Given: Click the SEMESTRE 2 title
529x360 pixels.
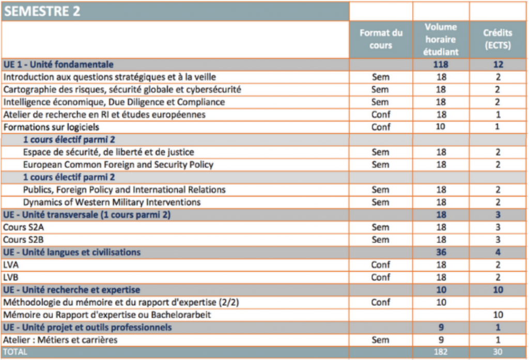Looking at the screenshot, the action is click(42, 11).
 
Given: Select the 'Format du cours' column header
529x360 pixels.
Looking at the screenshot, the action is click(381, 39).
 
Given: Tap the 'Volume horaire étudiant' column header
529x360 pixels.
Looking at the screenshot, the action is click(441, 39).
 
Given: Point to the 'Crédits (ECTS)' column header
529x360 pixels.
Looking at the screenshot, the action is click(497, 39).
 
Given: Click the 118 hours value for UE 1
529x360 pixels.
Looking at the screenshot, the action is click(441, 65).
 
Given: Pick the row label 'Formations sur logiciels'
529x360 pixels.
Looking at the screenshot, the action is click(51, 127).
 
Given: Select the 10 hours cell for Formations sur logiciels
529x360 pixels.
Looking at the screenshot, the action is click(441, 127).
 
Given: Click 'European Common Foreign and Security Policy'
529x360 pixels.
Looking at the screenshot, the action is click(118, 165).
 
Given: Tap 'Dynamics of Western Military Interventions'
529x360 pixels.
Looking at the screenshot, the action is click(112, 202).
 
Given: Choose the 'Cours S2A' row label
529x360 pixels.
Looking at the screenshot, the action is click(24, 227).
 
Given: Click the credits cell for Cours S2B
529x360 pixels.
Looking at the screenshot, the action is click(498, 240).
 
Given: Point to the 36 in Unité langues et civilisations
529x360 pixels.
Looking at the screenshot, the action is click(441, 253).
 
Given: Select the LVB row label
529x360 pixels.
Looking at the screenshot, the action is click(11, 277).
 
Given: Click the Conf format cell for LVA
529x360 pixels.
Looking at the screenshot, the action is click(381, 265).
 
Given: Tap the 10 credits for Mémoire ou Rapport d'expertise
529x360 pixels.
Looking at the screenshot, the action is click(498, 315).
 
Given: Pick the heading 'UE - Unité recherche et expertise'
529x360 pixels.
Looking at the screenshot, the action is click(71, 290).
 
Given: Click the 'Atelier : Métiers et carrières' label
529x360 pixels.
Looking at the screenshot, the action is click(60, 340).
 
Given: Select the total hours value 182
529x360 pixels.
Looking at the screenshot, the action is click(441, 352).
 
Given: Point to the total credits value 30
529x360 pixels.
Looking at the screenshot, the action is click(497, 352).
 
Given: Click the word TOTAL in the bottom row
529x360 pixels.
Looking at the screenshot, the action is click(15, 352).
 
